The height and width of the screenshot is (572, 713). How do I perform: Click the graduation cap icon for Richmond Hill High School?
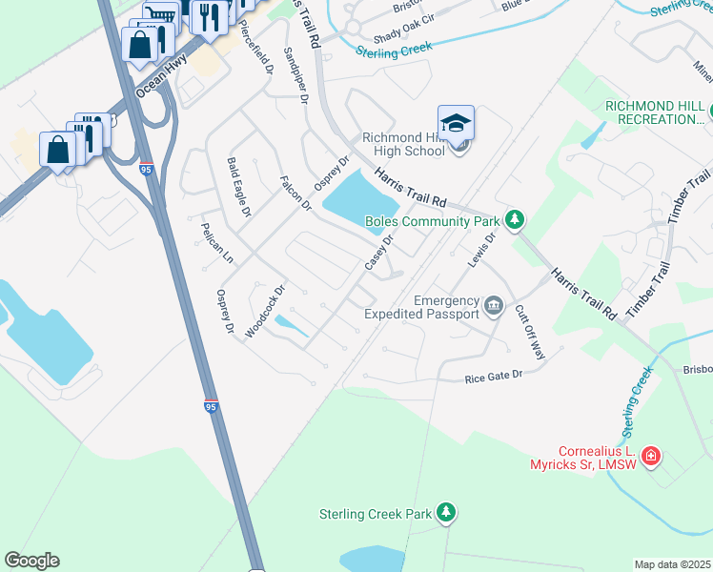tap(456, 123)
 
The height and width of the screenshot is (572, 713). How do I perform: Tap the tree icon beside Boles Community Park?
tap(515, 220)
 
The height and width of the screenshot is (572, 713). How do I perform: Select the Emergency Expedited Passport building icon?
tap(493, 306)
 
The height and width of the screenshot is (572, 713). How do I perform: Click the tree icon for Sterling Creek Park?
tap(445, 513)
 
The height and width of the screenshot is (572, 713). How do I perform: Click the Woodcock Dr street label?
tap(265, 311)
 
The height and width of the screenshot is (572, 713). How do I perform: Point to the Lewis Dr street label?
tap(483, 249)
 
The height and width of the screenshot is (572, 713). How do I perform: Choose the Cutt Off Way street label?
tap(530, 332)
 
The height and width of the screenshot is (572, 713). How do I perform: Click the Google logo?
tap(31, 561)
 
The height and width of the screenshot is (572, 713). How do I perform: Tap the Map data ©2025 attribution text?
tap(672, 564)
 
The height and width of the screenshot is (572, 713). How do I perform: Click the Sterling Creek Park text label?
tap(376, 515)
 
